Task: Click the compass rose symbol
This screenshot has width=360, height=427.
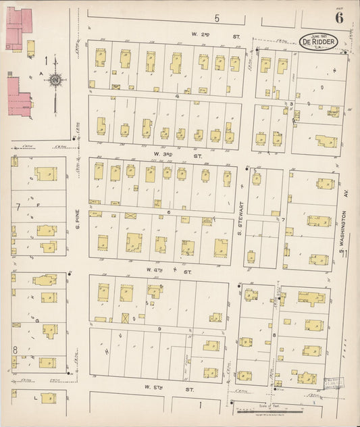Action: point(55,81)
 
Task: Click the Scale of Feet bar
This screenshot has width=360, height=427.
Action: point(278,410)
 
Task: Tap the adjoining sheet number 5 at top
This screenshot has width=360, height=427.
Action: point(217,18)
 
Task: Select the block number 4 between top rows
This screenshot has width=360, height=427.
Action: point(177,96)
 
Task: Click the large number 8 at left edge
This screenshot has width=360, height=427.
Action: point(15,349)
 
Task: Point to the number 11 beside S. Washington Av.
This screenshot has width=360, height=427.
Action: point(344,253)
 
